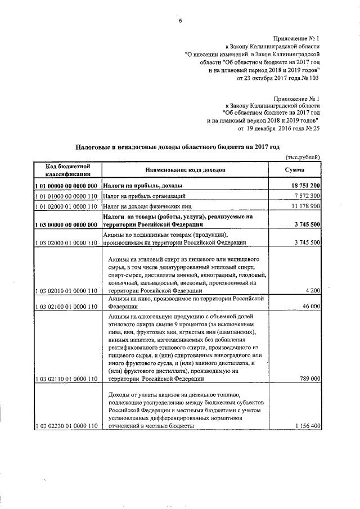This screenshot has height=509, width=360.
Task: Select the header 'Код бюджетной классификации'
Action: pos(65,170)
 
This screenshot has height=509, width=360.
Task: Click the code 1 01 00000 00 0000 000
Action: pos(66,186)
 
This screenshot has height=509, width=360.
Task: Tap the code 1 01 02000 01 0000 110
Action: pos(66,207)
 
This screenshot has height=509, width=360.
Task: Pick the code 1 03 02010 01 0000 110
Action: pos(66,291)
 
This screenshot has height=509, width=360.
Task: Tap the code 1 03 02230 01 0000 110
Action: pos(66,427)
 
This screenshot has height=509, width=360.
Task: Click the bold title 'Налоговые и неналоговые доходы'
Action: pos(177,147)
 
